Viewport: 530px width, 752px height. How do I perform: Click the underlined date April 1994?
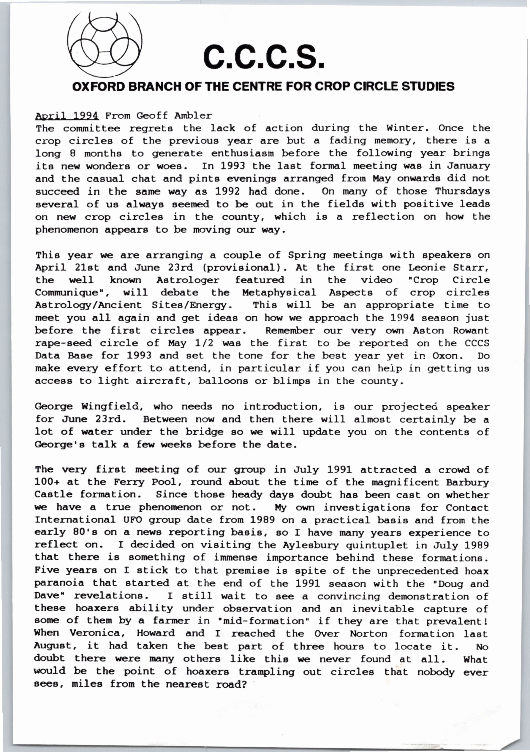tap(67, 116)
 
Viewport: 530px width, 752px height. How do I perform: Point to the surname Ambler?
tap(193, 116)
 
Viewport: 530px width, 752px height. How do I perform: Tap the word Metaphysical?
tap(279, 293)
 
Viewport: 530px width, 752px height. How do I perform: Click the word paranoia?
tap(59, 583)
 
